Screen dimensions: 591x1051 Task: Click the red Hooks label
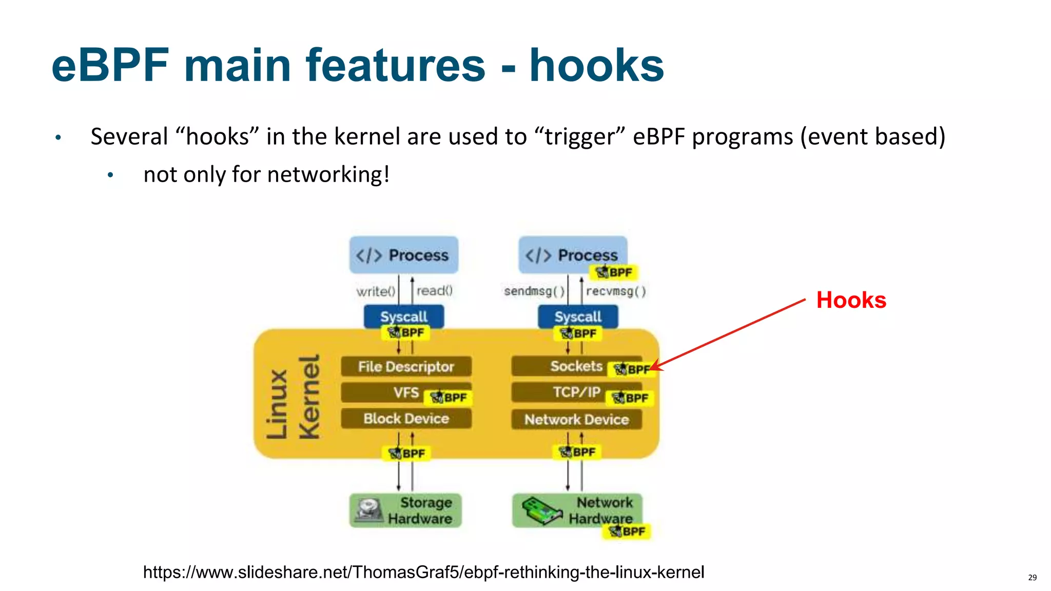(x=851, y=300)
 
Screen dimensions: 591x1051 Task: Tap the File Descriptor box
(x=405, y=367)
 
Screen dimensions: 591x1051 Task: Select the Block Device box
(x=405, y=419)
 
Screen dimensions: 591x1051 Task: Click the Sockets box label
(x=576, y=366)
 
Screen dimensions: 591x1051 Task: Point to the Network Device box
(x=576, y=420)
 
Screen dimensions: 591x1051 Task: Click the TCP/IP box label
(x=576, y=392)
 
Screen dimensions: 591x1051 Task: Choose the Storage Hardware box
(x=405, y=510)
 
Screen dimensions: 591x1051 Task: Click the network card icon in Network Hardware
(x=541, y=511)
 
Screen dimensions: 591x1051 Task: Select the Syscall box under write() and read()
(x=403, y=317)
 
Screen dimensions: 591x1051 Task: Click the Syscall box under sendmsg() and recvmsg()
(x=578, y=317)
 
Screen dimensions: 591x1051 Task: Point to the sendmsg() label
(x=534, y=291)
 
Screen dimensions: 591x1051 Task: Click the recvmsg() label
(x=615, y=291)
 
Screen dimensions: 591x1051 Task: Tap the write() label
(x=376, y=291)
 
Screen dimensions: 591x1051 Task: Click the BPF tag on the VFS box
(x=449, y=398)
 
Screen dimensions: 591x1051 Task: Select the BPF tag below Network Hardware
(x=627, y=531)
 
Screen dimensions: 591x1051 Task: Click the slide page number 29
(x=1032, y=578)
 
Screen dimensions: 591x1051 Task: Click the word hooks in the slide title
(x=596, y=65)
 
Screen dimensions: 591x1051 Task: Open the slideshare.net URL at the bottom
(x=423, y=572)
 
